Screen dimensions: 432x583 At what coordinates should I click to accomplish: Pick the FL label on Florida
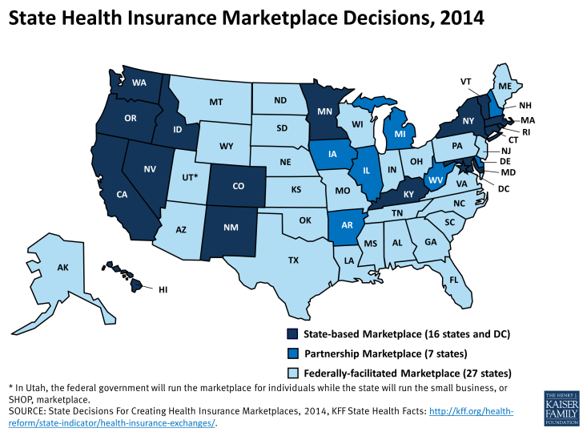tap(453, 281)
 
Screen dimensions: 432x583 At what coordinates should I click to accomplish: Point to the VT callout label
tap(465, 81)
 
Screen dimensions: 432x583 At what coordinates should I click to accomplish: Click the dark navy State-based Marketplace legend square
tap(292, 333)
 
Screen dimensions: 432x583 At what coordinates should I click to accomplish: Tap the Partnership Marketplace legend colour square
tap(292, 353)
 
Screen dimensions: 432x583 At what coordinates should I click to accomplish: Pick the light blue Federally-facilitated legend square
tap(292, 373)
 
